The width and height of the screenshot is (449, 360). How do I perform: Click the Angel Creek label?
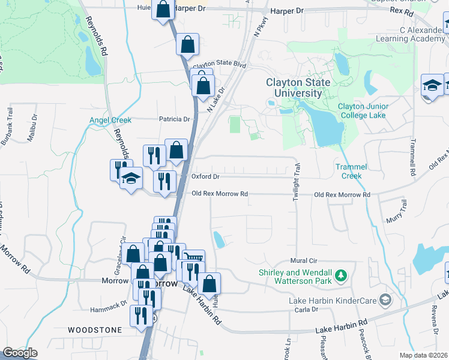click(x=110, y=120)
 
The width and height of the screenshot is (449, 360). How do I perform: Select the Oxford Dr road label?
click(x=206, y=177)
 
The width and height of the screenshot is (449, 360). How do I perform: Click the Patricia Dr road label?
click(x=174, y=119)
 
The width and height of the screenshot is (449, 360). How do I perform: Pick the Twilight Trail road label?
click(x=296, y=185)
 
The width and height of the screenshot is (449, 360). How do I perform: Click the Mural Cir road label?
click(x=303, y=261)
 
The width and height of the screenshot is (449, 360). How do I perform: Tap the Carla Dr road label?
click(x=306, y=310)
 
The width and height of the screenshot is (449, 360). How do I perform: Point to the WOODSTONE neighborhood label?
click(x=95, y=330)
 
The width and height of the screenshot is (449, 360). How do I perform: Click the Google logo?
click(x=20, y=353)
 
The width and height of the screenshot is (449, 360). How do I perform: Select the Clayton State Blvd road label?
click(x=220, y=64)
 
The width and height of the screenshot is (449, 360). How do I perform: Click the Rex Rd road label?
click(x=402, y=11)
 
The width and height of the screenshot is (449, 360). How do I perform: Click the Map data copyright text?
click(x=423, y=355)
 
